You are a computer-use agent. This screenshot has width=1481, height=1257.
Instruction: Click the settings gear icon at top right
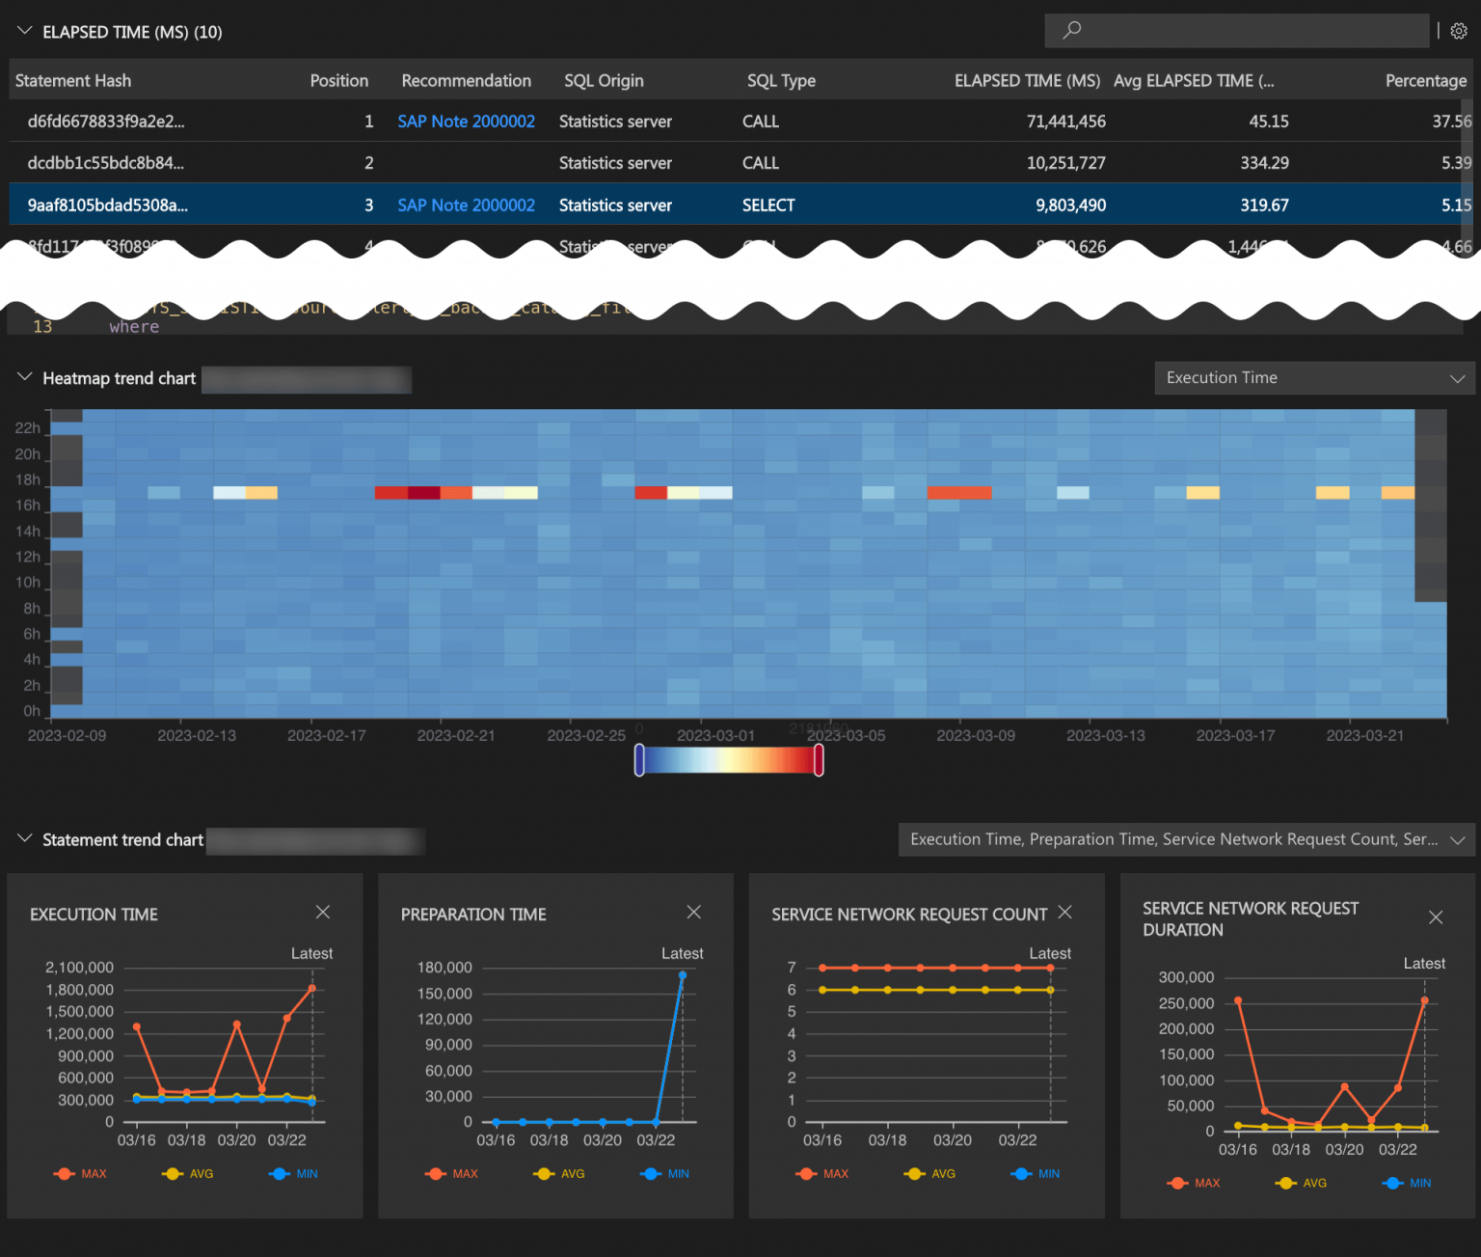[1459, 31]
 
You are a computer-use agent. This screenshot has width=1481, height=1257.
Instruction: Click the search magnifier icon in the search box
[1071, 30]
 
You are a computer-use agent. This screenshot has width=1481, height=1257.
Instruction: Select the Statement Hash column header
[73, 81]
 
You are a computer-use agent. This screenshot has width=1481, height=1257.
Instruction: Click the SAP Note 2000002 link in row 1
[466, 122]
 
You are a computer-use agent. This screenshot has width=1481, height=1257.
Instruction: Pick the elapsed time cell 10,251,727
[1065, 163]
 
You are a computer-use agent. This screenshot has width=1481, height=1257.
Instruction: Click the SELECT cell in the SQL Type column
[768, 205]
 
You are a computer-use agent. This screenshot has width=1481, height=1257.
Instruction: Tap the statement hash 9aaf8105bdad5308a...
[107, 205]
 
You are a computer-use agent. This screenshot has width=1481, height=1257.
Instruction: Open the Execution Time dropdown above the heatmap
[1314, 378]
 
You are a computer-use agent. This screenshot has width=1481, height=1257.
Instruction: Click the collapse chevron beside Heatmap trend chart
[25, 377]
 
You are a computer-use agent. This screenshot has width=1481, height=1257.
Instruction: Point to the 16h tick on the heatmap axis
[28, 506]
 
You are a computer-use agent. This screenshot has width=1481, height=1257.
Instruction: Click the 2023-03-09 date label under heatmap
[975, 735]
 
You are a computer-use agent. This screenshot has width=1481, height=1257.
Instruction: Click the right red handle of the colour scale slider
[819, 760]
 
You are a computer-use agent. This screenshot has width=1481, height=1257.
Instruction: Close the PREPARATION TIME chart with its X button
[693, 912]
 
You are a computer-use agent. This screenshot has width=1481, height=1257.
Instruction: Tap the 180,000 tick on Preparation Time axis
[444, 968]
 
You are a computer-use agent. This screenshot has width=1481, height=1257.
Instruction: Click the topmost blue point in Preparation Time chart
[683, 975]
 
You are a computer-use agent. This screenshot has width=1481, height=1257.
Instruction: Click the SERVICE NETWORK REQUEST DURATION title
[1250, 919]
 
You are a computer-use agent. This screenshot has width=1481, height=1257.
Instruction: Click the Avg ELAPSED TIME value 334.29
[1264, 163]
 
